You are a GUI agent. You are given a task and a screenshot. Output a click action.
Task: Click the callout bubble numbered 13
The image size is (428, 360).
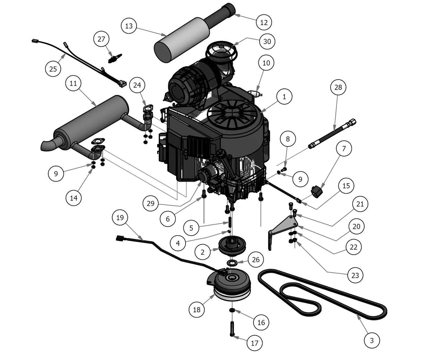point(129,26)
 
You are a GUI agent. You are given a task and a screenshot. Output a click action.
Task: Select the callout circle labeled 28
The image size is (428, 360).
point(338,87)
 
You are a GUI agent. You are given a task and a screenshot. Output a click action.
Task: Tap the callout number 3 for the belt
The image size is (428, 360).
point(372,340)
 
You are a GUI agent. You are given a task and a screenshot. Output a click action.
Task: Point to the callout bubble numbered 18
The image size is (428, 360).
point(197,310)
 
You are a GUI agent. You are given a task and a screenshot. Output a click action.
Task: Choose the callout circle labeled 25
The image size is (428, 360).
point(53,69)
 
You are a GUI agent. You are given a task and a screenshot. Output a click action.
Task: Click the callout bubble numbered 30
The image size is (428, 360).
point(267,42)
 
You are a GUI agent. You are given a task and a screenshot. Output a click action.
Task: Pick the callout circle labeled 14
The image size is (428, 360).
point(74,198)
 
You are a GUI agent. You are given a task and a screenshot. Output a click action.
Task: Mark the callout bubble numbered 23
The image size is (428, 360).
point(355,276)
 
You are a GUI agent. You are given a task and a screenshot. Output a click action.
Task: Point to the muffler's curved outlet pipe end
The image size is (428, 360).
point(46,145)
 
